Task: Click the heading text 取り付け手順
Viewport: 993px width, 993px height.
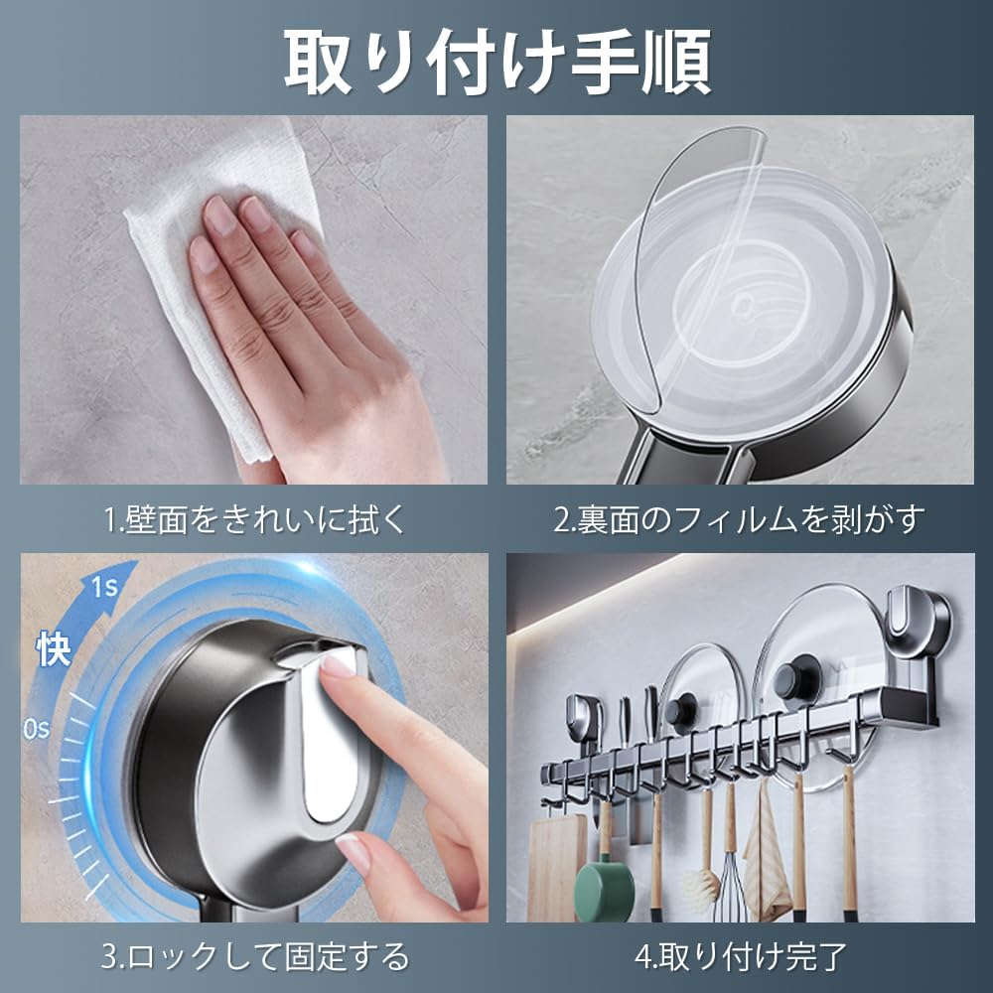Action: [496, 62]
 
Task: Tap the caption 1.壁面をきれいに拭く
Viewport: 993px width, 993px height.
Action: [254, 518]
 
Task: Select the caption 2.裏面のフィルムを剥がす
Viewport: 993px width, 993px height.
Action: [739, 518]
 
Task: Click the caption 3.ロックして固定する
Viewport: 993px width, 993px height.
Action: [254, 956]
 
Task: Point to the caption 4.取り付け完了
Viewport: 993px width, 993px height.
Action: [739, 956]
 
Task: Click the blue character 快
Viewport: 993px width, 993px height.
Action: [54, 650]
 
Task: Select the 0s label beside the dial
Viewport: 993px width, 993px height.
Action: [37, 730]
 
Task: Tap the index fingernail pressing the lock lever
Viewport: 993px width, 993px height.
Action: [337, 665]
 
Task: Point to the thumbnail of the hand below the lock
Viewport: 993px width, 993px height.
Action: [354, 850]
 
